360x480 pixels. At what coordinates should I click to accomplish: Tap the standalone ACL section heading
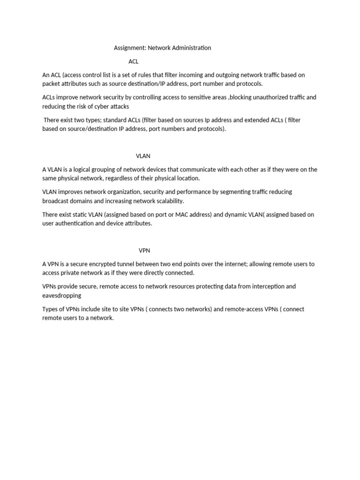click(x=134, y=61)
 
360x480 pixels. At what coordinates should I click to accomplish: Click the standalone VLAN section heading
click(x=143, y=156)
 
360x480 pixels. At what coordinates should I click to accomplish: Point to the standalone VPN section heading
click(x=144, y=251)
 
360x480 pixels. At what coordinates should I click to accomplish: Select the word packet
click(x=51, y=84)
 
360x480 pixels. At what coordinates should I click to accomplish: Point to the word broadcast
click(x=56, y=201)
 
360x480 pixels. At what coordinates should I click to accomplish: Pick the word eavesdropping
click(x=61, y=296)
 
